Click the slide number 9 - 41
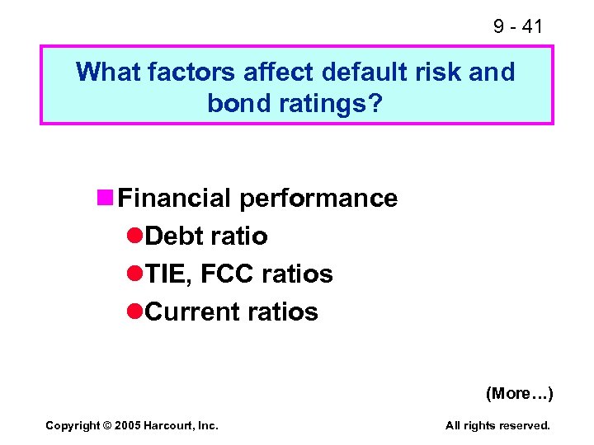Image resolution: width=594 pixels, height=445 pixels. [x=517, y=26]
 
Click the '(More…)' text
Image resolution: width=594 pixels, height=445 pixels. [x=519, y=393]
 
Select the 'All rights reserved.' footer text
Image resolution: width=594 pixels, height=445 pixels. [x=497, y=425]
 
